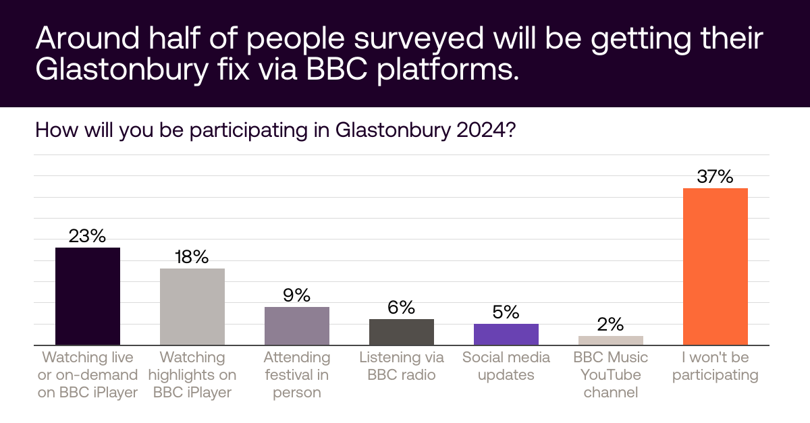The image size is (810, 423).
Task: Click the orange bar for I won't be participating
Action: pyautogui.click(x=715, y=266)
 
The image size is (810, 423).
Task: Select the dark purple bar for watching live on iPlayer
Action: pyautogui.click(x=88, y=296)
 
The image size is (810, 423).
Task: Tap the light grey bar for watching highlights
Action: pyautogui.click(x=192, y=307)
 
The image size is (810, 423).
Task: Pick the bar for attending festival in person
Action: pyautogui.click(x=297, y=326)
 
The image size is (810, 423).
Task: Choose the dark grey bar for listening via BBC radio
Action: pyautogui.click(x=402, y=332)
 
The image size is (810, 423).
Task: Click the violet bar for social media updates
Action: pyautogui.click(x=506, y=335)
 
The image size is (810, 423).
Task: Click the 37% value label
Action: pyautogui.click(x=715, y=177)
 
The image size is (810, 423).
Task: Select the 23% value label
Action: pyautogui.click(x=88, y=236)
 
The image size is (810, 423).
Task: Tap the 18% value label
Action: pyautogui.click(x=192, y=257)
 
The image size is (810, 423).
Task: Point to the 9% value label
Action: pyautogui.click(x=297, y=295)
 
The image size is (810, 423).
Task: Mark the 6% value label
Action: pyautogui.click(x=402, y=308)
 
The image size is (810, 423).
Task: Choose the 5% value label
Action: pyautogui.click(x=506, y=312)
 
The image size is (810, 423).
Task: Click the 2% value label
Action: pyautogui.click(x=611, y=325)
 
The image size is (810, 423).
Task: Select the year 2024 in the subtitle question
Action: pyautogui.click(x=482, y=129)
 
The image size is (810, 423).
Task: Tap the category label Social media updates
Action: pyautogui.click(x=506, y=366)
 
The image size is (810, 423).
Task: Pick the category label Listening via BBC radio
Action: pyautogui.click(x=402, y=366)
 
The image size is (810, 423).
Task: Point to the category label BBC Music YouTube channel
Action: pyautogui.click(x=611, y=374)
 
